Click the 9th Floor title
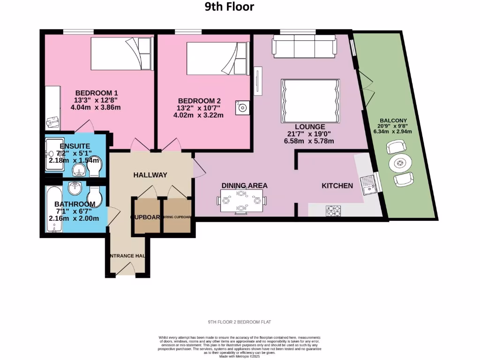230,7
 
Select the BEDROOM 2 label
199,101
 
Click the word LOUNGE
310,127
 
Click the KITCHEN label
337,186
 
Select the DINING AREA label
245,186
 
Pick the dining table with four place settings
242,201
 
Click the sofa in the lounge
304,47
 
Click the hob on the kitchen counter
333,211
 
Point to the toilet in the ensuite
94,166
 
